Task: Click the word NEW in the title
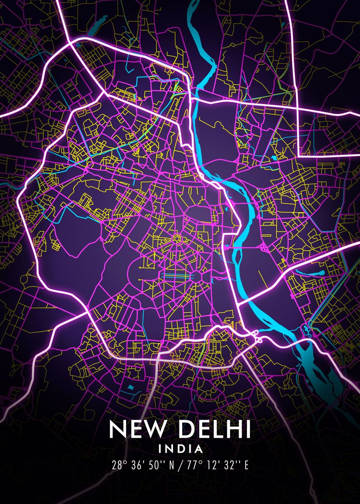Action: pos(136,429)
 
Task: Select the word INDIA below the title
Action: pos(180,449)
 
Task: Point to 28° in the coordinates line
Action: pos(119,465)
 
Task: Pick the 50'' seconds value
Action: pos(155,465)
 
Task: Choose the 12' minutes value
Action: pos(208,465)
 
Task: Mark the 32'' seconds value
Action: pos(226,465)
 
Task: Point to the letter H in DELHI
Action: pos(232,429)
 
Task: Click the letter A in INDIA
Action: pos(198,449)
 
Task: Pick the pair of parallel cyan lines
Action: pos(176,275)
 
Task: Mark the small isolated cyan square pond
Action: pos(130,386)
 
